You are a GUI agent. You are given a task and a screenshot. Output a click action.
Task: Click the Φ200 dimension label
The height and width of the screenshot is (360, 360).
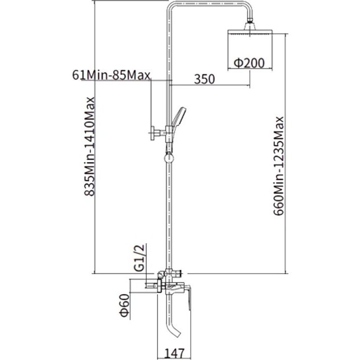coord(249,63)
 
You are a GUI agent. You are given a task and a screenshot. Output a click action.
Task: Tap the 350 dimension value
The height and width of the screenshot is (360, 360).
coord(205,79)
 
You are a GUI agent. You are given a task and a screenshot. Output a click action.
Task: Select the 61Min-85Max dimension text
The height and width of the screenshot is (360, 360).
coord(111,75)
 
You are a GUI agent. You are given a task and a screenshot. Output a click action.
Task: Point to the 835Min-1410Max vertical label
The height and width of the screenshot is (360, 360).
coord(89,146)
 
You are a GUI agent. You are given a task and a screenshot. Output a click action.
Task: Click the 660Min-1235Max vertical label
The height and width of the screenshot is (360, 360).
coord(278,166)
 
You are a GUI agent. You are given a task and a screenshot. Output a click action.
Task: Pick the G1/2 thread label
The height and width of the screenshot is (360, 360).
coord(139,258)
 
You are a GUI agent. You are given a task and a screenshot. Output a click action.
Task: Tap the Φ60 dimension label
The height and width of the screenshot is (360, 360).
coord(125,305)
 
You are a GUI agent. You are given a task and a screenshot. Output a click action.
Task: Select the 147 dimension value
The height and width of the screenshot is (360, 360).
coord(175,354)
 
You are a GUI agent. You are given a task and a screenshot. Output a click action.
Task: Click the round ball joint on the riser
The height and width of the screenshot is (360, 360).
coord(169,158)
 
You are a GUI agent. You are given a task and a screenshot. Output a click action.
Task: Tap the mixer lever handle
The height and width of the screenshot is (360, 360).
coord(188,297)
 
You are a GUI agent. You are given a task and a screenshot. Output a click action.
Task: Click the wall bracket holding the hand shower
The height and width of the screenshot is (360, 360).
coord(159,133)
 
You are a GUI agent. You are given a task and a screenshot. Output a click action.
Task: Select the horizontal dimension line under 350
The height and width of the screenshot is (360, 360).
coord(211,86)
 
